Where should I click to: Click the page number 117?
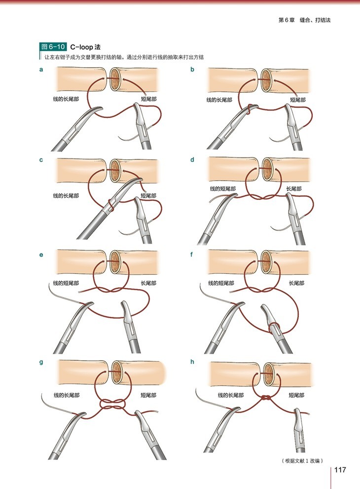coord(340,469)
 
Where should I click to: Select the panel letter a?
coord(41,70)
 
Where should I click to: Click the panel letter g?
coord(41,362)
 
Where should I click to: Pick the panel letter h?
coord(192,362)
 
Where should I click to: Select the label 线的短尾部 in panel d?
coord(222,188)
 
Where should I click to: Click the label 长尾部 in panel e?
coord(149,283)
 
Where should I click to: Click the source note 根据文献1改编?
coord(302,461)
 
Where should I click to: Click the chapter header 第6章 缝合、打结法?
coord(307,20)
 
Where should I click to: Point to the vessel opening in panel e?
coord(115,262)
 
